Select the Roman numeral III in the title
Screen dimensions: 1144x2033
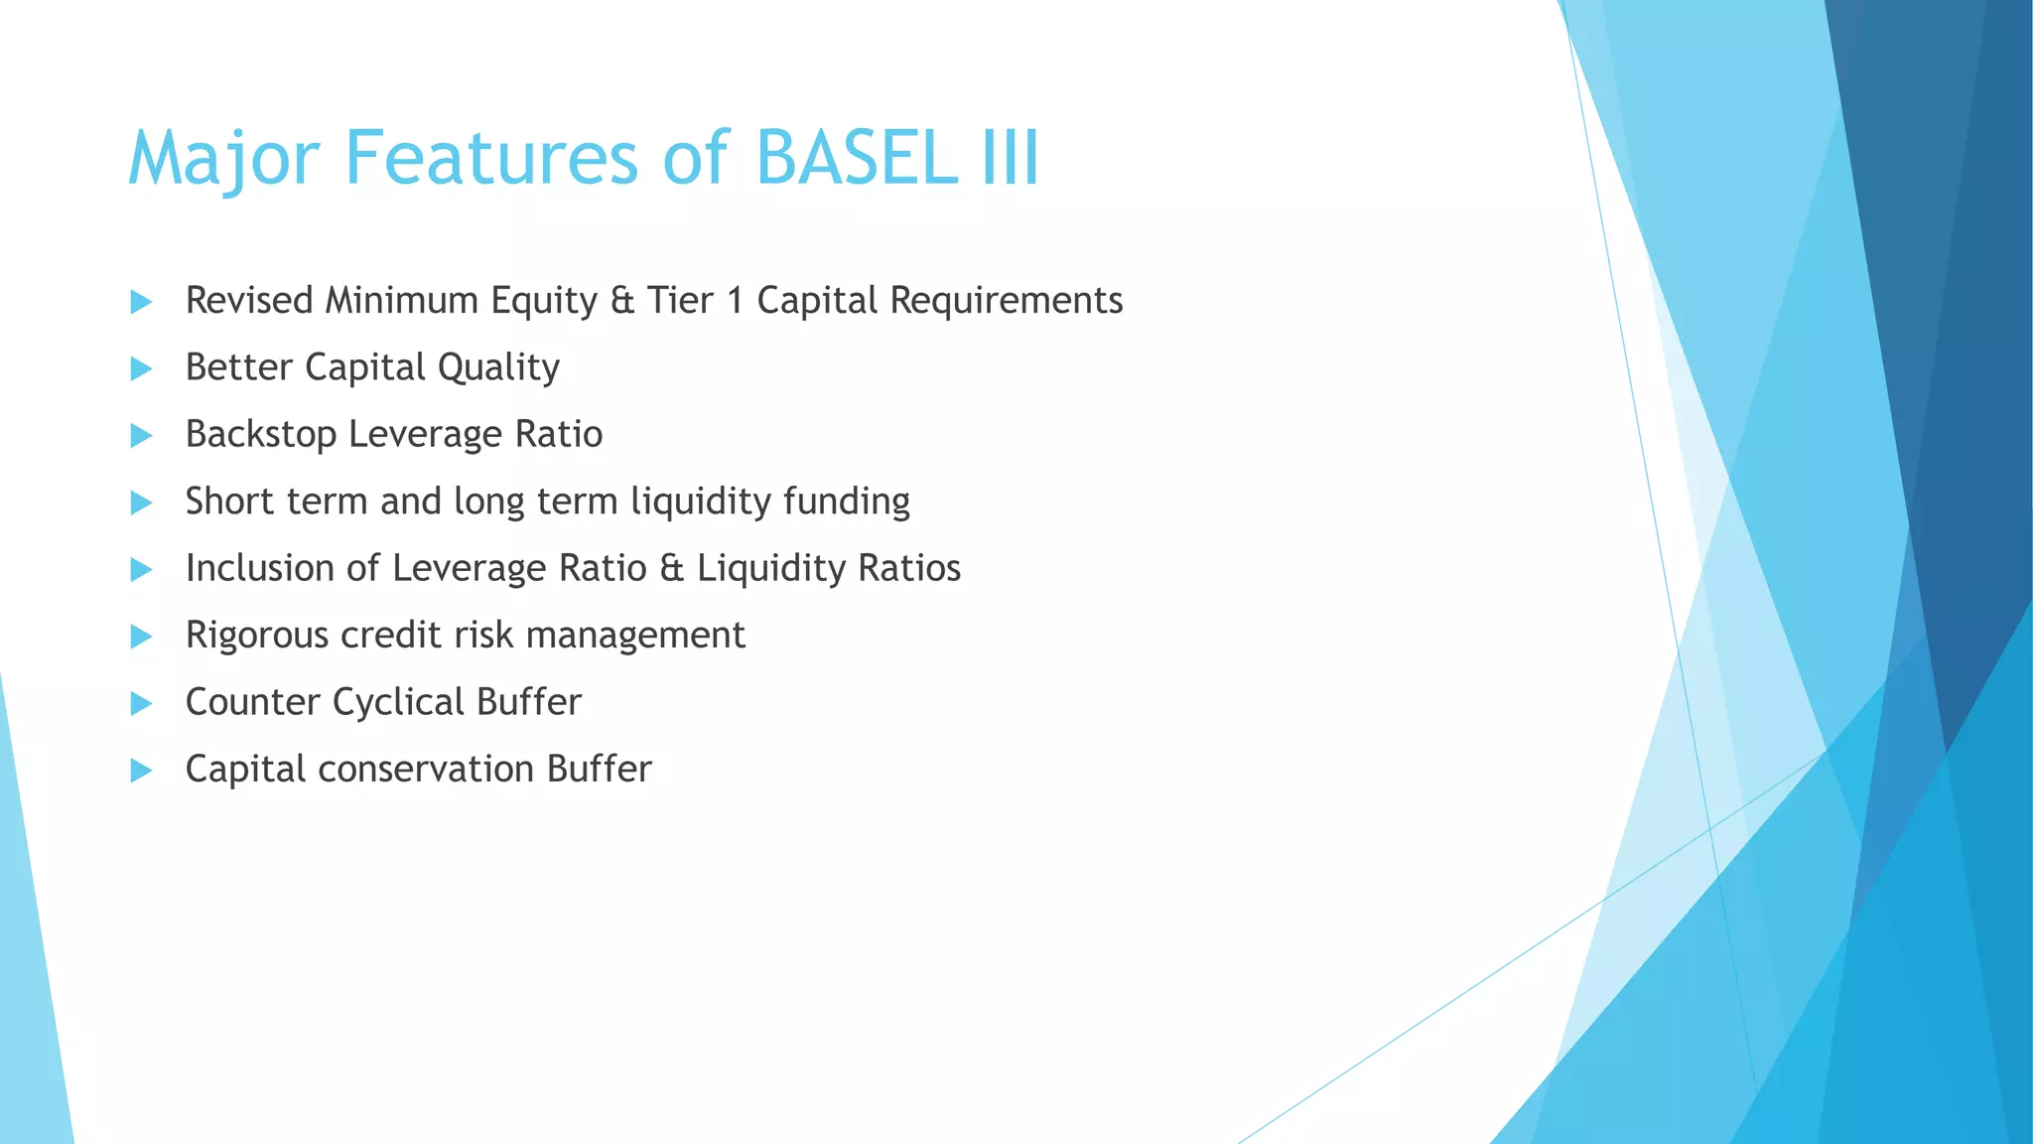[x=1011, y=158]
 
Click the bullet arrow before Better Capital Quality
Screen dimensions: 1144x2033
[x=141, y=368]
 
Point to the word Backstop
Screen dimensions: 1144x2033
[x=260, y=434]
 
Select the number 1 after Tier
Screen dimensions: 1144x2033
[x=735, y=300]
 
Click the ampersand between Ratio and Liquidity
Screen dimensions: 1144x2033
[x=671, y=568]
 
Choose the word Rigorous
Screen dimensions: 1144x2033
[x=256, y=636]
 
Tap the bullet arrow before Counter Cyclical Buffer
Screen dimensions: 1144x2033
[x=141, y=703]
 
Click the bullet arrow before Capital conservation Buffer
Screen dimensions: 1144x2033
[x=141, y=771]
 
